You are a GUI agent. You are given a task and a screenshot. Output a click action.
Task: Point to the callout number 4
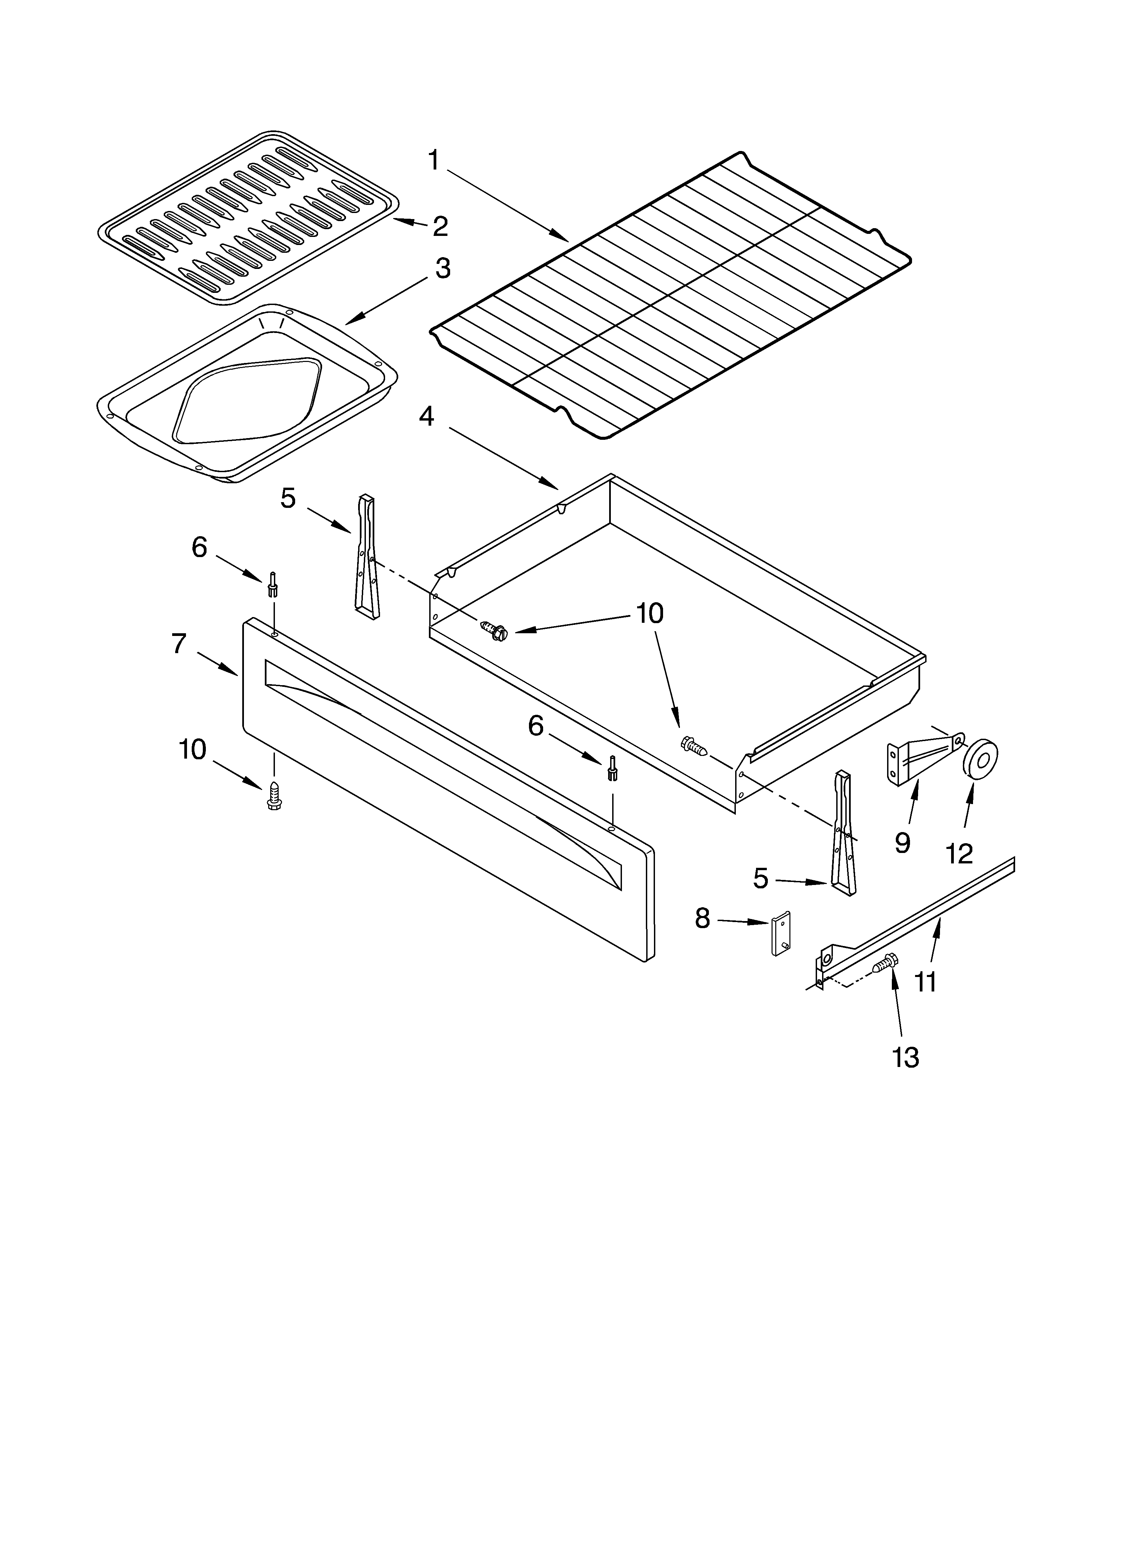(x=427, y=416)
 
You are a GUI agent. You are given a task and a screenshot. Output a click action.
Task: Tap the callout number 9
(x=903, y=842)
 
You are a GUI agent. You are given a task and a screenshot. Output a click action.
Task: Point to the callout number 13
(x=905, y=1058)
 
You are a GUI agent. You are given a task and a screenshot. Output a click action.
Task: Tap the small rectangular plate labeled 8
(x=781, y=933)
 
